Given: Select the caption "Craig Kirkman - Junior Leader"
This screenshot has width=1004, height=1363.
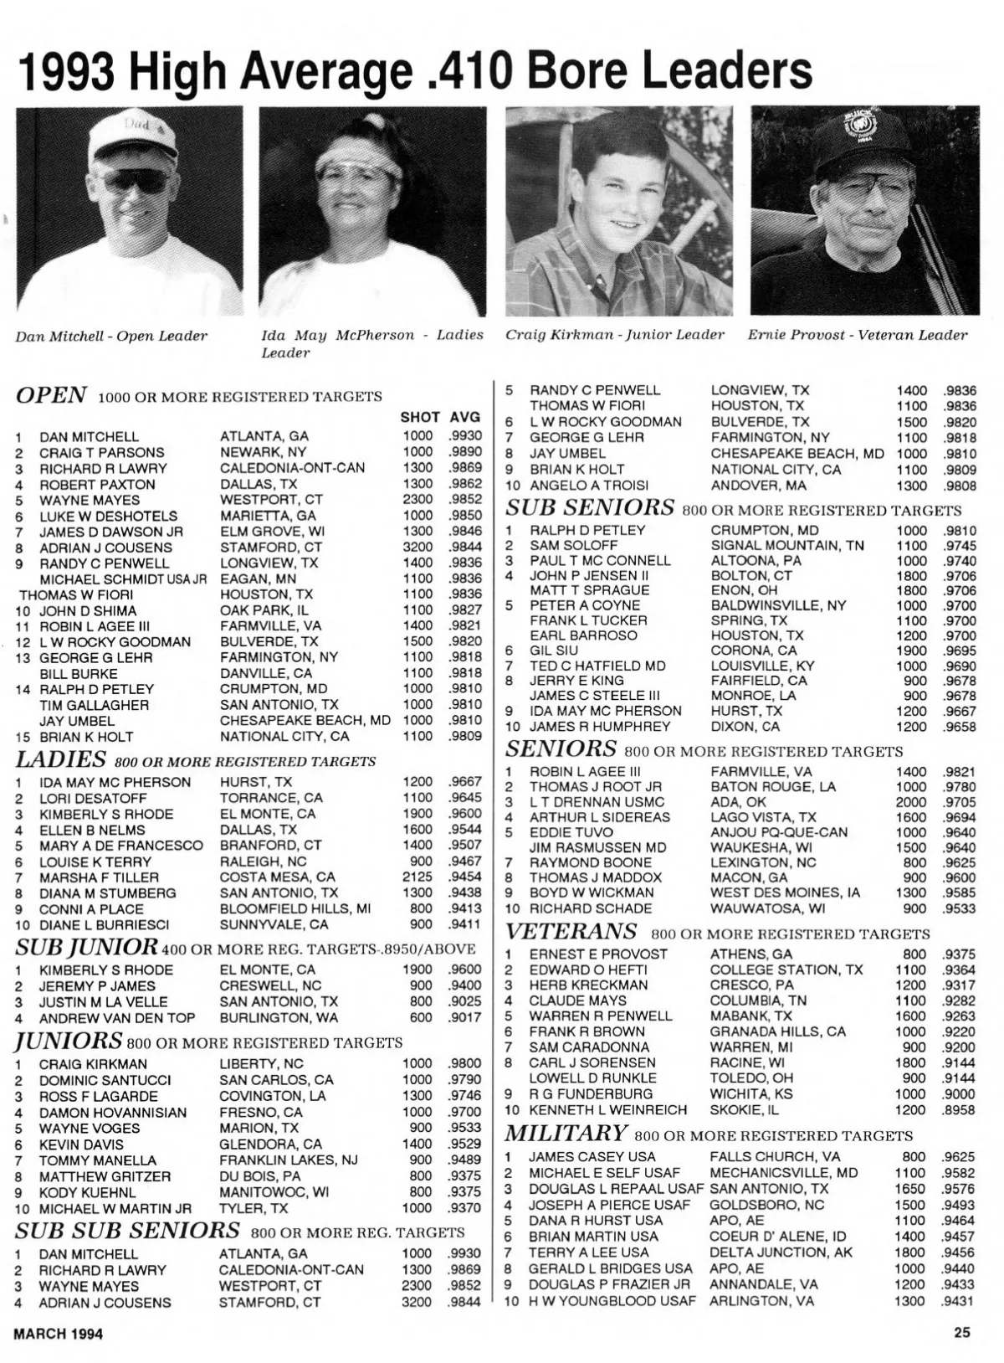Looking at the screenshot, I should click(614, 335).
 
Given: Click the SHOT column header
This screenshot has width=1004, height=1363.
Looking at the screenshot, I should click(419, 417).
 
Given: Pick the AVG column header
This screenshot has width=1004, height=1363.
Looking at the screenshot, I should click(465, 417).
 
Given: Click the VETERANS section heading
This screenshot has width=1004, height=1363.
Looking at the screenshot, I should click(571, 931).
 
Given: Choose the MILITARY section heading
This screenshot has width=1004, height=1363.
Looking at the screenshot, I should click(566, 1134).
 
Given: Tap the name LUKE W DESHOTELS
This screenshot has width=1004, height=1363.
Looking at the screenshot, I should click(109, 516).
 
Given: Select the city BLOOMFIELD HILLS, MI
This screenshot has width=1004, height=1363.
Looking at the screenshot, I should click(295, 908).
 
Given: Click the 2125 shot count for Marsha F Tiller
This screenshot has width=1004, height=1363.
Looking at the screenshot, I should click(417, 877).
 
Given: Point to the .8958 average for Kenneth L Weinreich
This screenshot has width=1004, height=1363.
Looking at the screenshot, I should click(958, 1109).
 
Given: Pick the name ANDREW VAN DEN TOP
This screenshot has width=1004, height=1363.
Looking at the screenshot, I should click(117, 1017).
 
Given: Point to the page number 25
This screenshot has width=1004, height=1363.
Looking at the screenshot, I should click(961, 1333).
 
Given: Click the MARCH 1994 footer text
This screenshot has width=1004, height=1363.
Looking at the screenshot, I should click(59, 1334).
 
